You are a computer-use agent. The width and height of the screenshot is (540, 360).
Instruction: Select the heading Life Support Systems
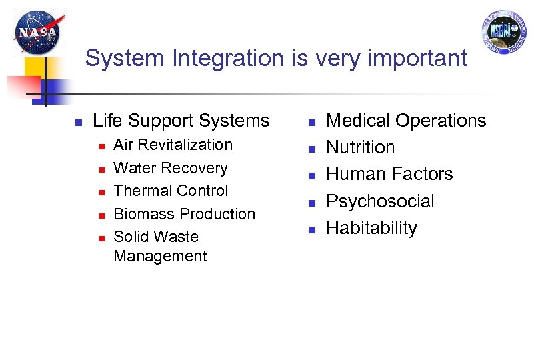pyautogui.click(x=181, y=121)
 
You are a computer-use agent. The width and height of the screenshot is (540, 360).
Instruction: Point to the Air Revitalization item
pyautogui.click(x=173, y=145)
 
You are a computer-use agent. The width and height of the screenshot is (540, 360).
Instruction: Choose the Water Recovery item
pyautogui.click(x=171, y=168)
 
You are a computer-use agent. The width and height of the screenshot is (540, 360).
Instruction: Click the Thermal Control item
pyautogui.click(x=171, y=191)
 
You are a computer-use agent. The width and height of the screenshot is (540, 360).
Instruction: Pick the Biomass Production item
pyautogui.click(x=185, y=214)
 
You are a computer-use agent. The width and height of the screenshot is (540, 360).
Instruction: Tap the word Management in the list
pyautogui.click(x=161, y=256)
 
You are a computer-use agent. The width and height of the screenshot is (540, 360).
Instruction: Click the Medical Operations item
pyautogui.click(x=406, y=121)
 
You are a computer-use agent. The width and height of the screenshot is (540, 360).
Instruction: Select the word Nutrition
pyautogui.click(x=360, y=147)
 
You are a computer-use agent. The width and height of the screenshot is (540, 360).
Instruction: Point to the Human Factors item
pyautogui.click(x=389, y=174)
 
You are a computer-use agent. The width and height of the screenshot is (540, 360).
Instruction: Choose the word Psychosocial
pyautogui.click(x=380, y=201)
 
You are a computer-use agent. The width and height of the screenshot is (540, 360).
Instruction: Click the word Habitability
pyautogui.click(x=371, y=228)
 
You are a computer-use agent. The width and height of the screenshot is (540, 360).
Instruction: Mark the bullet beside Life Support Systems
pyautogui.click(x=78, y=122)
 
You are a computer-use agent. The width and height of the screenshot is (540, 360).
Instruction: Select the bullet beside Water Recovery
pyautogui.click(x=101, y=169)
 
